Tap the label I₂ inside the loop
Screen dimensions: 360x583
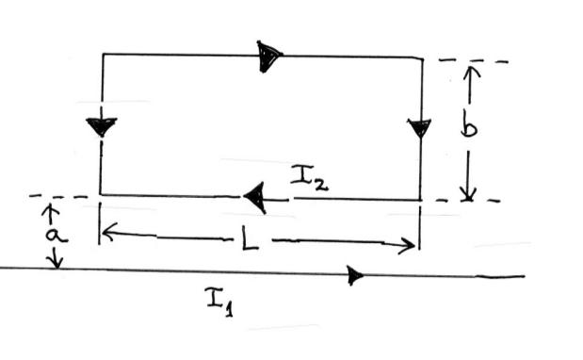coord(308,179)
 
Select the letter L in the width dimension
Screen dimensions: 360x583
coord(247,236)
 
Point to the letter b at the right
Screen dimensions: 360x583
coord(469,125)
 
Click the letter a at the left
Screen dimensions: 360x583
coord(54,232)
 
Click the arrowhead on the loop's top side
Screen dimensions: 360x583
coord(269,57)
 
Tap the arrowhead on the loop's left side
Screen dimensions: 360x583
coord(101,126)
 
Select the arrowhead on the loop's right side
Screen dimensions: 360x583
coord(420,127)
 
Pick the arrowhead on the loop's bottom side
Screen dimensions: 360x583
coord(254,196)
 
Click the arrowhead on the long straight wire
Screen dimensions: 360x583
coord(355,275)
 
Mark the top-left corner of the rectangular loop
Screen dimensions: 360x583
coord(102,55)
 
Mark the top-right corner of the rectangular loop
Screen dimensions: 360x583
coord(421,57)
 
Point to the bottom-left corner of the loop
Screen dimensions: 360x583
coord(101,195)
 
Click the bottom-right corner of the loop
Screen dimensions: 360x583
coord(420,199)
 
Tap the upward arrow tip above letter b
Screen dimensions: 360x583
coord(471,66)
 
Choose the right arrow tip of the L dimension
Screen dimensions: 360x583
coord(414,247)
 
